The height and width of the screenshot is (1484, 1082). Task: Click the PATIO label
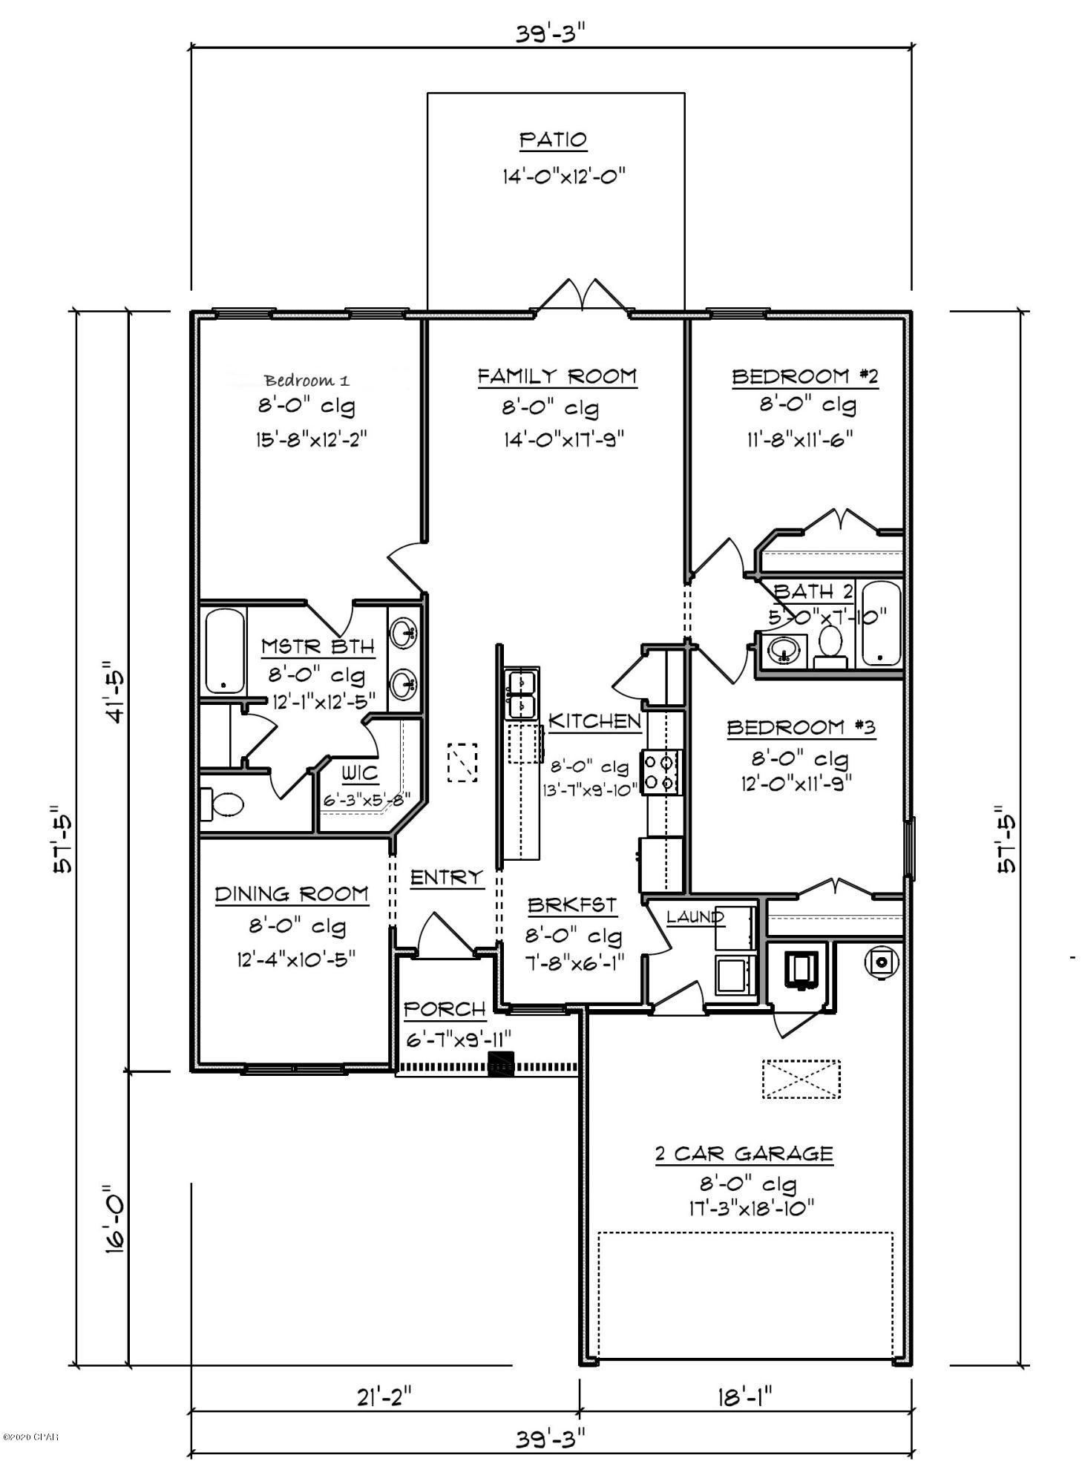coord(553,139)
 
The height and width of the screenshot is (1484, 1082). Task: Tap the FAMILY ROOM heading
coord(557,376)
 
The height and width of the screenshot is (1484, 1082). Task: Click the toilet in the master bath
coord(223,804)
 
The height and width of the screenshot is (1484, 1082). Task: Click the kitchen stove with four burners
coord(661,772)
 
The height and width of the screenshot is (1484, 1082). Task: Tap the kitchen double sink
coord(522,694)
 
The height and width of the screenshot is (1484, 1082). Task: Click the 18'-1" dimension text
coord(745,1397)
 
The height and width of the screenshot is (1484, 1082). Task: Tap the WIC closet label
coord(360,774)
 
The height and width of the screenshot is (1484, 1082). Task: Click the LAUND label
coord(695,916)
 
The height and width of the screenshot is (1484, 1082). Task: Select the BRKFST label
coord(571,905)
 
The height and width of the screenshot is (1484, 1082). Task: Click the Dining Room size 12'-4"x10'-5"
coord(296,959)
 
